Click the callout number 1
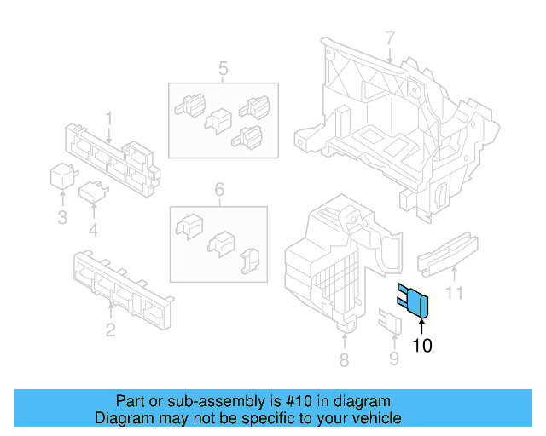point(109,117)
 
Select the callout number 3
point(62,218)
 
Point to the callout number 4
point(93,229)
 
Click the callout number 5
point(223,68)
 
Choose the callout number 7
point(390,38)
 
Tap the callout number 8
point(344,360)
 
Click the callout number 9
point(393,359)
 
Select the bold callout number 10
point(422,346)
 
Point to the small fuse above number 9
point(390,322)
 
